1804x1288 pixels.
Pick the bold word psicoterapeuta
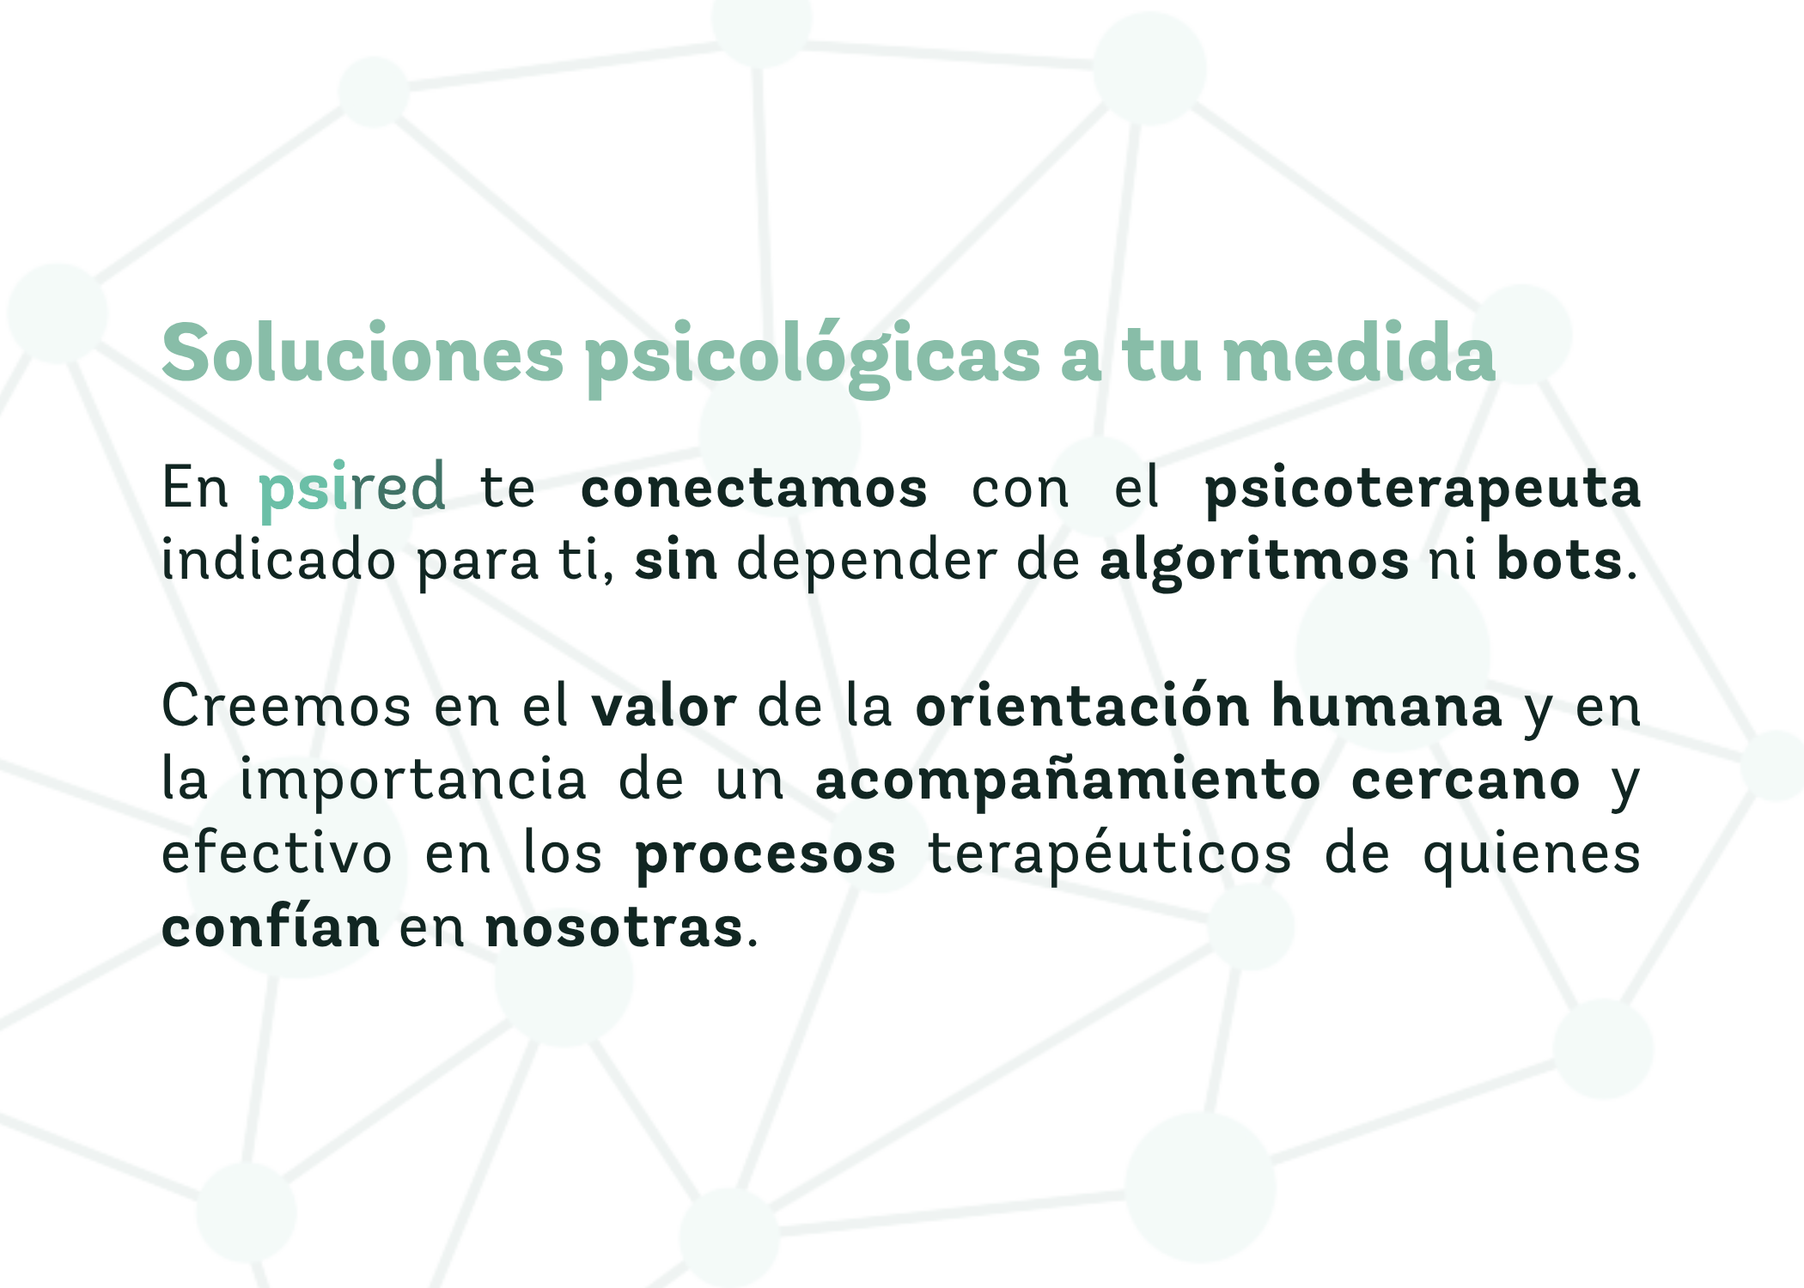[1423, 492]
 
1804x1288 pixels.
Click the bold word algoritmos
[1254, 563]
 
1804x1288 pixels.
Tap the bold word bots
[1559, 560]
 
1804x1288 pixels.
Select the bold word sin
[675, 560]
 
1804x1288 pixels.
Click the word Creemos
[286, 707]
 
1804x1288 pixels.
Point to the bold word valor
[663, 707]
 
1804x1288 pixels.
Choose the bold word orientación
[1082, 706]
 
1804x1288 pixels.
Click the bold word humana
[1387, 706]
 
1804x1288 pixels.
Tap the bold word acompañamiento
[1068, 782]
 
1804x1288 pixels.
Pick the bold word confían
[271, 927]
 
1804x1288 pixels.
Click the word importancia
[413, 781]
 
